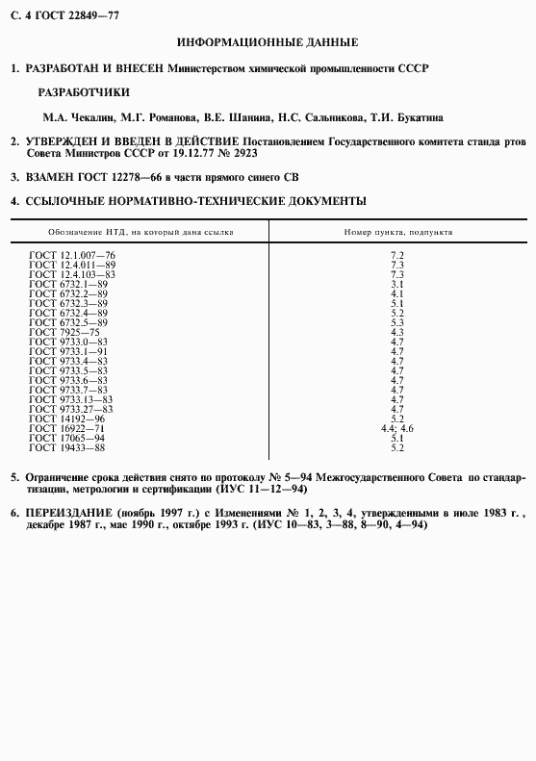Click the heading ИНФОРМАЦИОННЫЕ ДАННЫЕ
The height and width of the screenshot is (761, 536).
click(x=268, y=42)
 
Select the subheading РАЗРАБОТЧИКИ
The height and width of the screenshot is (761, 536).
click(x=82, y=93)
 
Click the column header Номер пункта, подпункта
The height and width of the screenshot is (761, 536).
click(x=398, y=232)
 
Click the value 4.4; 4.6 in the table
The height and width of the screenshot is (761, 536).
click(x=396, y=428)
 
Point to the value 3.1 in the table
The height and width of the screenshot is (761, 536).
click(x=396, y=284)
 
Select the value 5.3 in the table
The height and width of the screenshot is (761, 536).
click(x=396, y=322)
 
